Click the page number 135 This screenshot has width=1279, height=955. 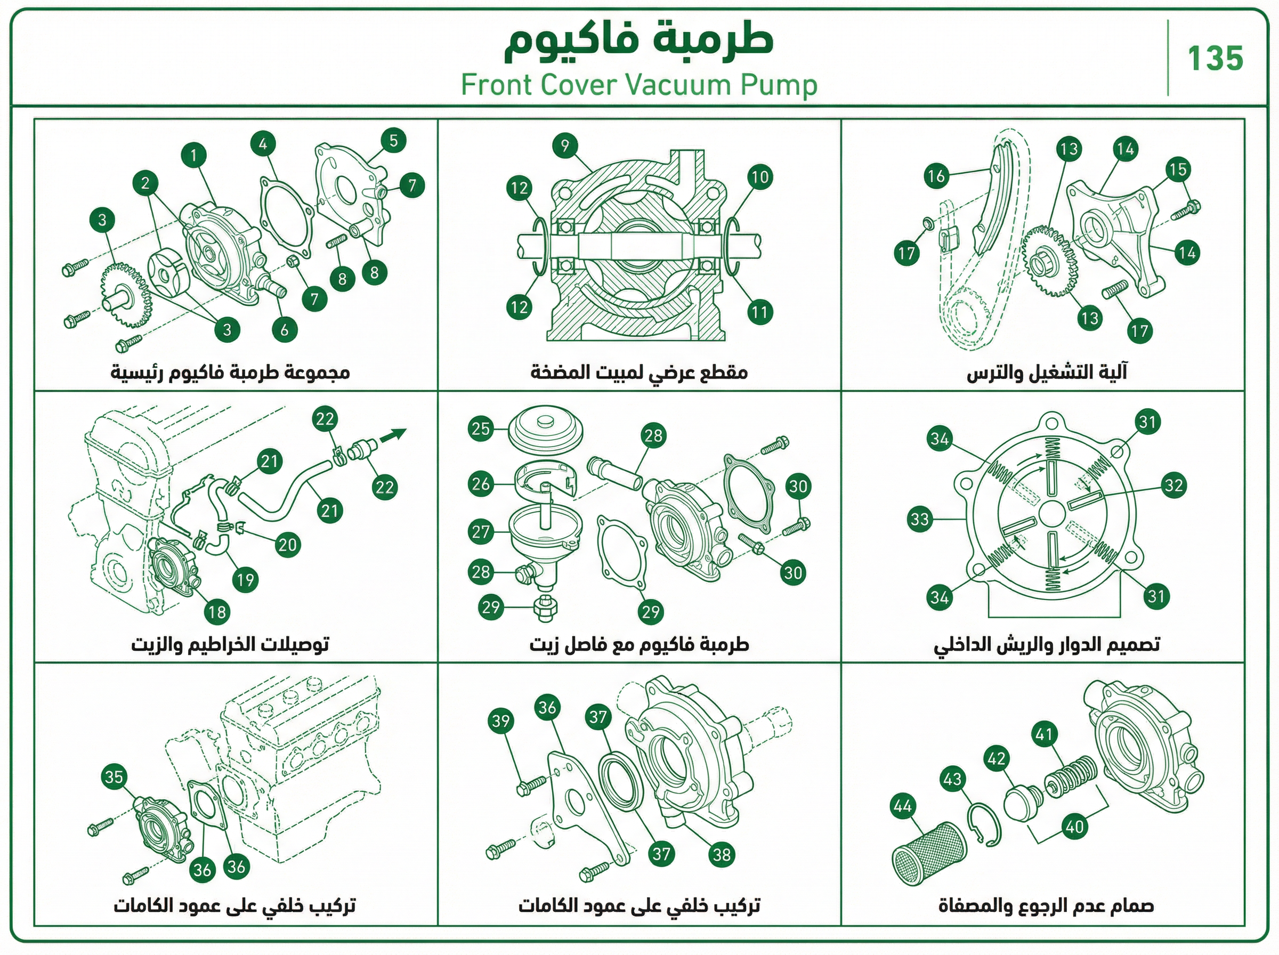[1215, 59]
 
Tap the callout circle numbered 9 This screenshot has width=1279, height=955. [565, 145]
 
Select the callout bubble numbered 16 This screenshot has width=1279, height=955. [937, 175]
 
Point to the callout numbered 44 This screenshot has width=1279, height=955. [902, 806]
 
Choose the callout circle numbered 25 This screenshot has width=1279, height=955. [481, 428]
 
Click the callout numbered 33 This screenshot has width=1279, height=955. [919, 519]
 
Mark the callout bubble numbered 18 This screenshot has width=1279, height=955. [217, 612]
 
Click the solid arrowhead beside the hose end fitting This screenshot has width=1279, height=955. [398, 434]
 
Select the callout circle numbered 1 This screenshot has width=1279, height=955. [193, 155]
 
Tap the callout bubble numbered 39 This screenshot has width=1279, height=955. [500, 721]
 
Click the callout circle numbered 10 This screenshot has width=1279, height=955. [760, 177]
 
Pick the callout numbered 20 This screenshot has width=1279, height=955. [287, 545]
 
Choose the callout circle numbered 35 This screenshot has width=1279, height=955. [114, 776]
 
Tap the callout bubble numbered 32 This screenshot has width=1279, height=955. [1175, 484]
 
